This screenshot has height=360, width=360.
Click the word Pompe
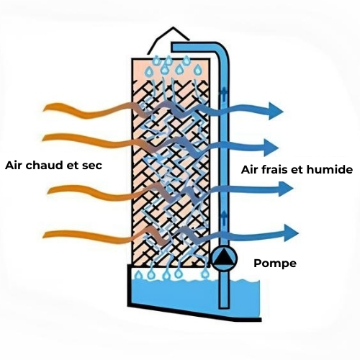[275, 264]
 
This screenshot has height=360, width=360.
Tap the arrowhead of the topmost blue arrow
[276, 111]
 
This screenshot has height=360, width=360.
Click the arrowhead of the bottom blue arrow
[291, 233]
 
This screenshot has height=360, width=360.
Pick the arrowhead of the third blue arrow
[286, 189]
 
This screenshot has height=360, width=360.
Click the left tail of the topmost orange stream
[45, 109]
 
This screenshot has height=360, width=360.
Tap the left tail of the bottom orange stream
[45, 235]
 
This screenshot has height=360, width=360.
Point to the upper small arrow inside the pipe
[223, 93]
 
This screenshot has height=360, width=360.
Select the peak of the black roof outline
[173, 27]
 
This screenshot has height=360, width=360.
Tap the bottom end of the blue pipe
[223, 307]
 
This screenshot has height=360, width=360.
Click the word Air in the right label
[249, 169]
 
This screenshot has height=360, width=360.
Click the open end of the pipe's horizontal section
[173, 47]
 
